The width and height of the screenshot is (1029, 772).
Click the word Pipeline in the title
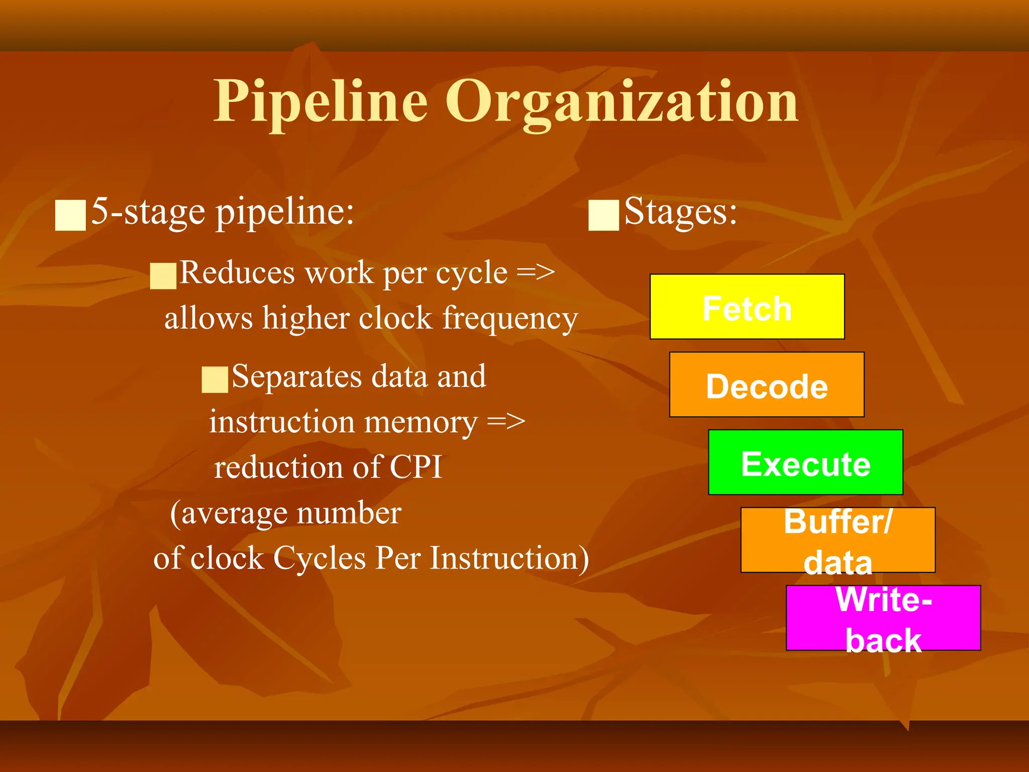coord(321,102)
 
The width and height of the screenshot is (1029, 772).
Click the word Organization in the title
coord(622,103)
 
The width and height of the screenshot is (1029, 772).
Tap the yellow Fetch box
coord(747,307)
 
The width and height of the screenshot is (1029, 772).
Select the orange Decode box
coord(766,384)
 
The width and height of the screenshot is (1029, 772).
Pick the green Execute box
coord(805,462)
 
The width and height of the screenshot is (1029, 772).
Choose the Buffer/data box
coord(838,540)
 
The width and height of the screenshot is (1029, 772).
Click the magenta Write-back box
coord(883,618)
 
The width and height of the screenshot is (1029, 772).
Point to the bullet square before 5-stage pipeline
coord(70,215)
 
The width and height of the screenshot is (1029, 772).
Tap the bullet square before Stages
coord(603,215)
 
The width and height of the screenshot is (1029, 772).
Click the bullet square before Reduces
coord(163,276)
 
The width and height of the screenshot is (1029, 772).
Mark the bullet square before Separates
coord(215,379)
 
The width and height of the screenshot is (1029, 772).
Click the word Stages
coord(680,211)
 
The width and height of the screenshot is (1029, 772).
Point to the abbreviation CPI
coord(416,466)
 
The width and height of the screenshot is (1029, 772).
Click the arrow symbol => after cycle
coord(536,273)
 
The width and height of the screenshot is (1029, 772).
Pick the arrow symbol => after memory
coord(506,422)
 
